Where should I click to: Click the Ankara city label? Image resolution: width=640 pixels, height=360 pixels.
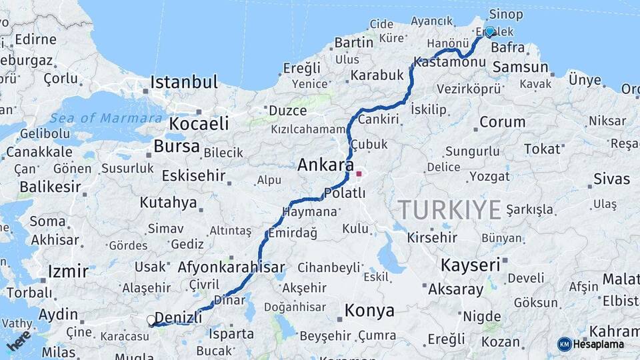(326, 165)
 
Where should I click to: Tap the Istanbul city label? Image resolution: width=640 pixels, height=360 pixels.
(184, 83)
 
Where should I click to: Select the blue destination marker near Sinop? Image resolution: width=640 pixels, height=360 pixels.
(489, 31)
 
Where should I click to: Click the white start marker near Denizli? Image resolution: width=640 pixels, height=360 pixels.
(151, 320)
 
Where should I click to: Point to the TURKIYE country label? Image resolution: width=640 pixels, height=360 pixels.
(450, 210)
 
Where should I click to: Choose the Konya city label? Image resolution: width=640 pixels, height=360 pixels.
(369, 311)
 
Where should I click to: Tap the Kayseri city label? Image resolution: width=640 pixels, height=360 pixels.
(470, 265)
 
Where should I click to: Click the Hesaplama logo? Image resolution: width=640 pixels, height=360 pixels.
(591, 344)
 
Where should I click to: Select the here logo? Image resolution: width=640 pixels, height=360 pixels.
(19, 340)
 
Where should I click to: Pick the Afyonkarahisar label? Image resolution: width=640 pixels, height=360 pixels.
(231, 268)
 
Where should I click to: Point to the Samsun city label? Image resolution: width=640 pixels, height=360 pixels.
(520, 67)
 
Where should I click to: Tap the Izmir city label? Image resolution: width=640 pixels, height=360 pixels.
(67, 271)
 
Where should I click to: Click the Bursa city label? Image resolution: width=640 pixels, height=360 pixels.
(176, 146)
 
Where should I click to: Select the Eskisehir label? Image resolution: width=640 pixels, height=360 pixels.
(193, 176)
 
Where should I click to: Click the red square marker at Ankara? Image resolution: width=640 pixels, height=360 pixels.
(359, 174)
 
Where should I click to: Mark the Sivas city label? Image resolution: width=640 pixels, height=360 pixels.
(611, 179)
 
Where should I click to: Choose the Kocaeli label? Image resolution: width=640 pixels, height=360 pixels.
(199, 124)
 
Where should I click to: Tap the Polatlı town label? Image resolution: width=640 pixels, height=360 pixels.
(344, 193)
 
